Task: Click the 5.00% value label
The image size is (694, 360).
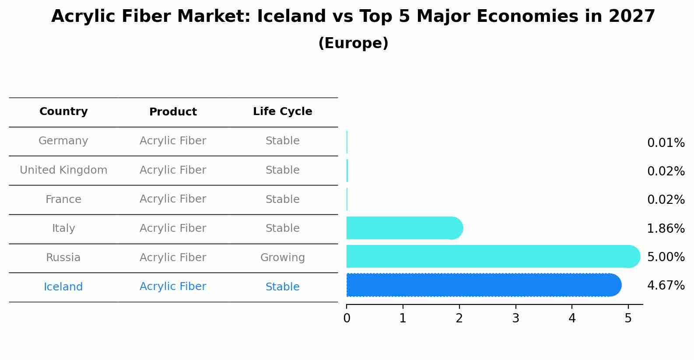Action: point(666,257)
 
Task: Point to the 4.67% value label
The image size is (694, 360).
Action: point(666,286)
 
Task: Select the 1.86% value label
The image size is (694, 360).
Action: point(666,228)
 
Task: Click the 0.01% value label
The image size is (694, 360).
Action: point(666,143)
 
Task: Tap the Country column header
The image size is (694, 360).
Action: point(63,112)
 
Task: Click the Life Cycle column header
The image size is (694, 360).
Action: point(282,112)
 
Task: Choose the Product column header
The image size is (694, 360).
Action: point(173,112)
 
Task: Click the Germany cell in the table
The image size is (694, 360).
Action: point(63,141)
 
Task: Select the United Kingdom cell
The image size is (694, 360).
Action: point(63,170)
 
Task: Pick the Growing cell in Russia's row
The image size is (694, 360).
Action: point(282,258)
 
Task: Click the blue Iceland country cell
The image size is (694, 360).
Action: point(63,287)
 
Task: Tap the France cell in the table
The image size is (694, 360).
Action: point(63,199)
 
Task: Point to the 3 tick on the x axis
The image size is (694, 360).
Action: point(515,318)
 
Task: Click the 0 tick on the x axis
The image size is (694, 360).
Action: point(347,318)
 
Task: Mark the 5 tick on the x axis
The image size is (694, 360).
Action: point(628,318)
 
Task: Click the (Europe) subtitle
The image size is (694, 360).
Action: point(353,43)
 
